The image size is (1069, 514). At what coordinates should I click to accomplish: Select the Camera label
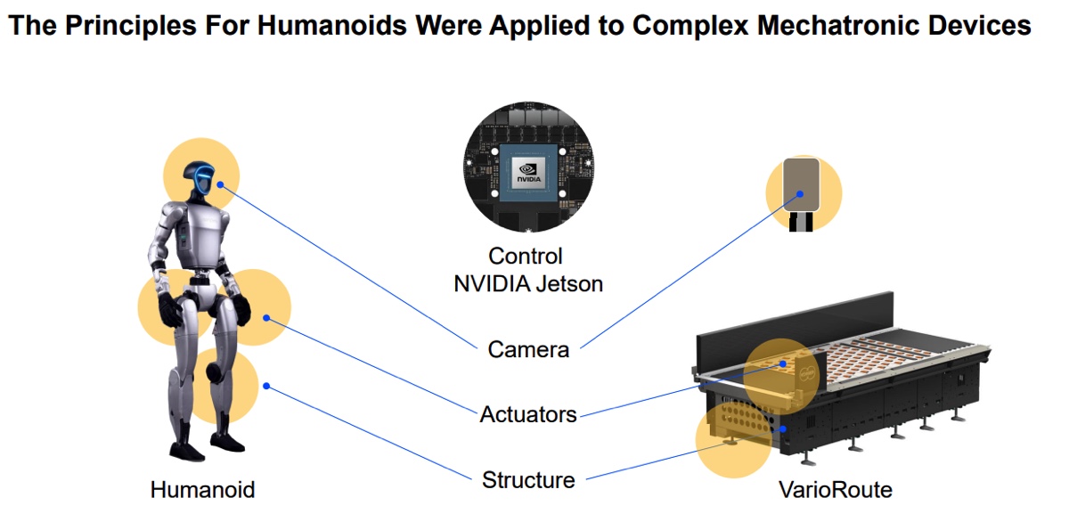coord(528,349)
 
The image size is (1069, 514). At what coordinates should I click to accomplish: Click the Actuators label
coord(528,414)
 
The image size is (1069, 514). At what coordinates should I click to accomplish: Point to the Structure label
coord(528,480)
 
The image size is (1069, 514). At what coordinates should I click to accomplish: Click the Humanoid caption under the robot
coord(202,490)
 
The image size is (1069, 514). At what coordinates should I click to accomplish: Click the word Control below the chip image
coord(526,257)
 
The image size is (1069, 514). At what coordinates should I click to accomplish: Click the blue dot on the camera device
coord(801,192)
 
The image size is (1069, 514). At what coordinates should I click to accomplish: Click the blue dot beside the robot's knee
coord(265,386)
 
